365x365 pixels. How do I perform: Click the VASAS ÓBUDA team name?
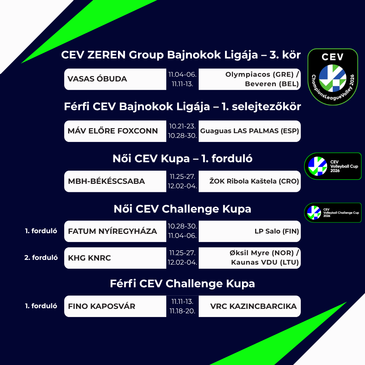tap(97, 79)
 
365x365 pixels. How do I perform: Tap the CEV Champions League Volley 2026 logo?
tap(333, 77)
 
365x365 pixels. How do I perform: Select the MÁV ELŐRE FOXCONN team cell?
tap(113, 131)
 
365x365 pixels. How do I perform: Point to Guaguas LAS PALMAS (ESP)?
tap(249, 131)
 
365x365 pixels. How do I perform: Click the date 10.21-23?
tap(182, 126)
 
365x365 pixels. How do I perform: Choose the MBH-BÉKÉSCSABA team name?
tap(106, 181)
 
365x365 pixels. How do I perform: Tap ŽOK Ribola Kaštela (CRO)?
tap(254, 181)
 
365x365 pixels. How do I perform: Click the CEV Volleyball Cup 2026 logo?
tap(333, 166)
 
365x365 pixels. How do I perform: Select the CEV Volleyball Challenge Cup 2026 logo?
tap(333, 213)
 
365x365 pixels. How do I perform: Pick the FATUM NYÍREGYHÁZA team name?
tap(113, 232)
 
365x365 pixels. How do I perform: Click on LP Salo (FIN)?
tap(277, 232)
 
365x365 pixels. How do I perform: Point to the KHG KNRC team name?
tap(90, 258)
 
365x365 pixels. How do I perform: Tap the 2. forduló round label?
tap(41, 258)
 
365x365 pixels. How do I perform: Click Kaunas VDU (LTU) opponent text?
tap(265, 263)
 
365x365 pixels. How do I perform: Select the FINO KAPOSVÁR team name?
tap(102, 307)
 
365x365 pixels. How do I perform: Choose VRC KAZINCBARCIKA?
tap(253, 307)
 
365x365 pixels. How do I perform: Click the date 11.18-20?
tap(182, 311)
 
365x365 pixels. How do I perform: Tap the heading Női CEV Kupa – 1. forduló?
tap(182, 159)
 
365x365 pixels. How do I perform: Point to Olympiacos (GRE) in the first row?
tap(259, 74)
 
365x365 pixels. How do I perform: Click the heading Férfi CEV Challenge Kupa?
tap(182, 284)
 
